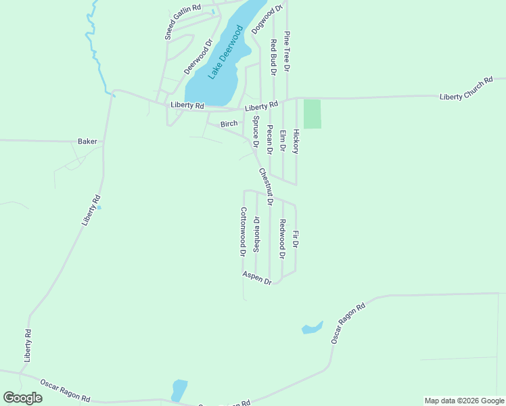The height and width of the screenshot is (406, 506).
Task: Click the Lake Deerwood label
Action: pyautogui.click(x=225, y=53)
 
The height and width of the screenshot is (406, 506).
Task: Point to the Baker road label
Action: pyautogui.click(x=87, y=141)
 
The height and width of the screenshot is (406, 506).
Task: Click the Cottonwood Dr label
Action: pyautogui.click(x=242, y=232)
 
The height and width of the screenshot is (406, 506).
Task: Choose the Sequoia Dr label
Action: pyautogui.click(x=256, y=234)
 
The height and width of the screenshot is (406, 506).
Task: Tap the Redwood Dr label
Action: pyautogui.click(x=282, y=239)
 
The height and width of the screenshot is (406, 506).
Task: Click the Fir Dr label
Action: pyautogui.click(x=295, y=239)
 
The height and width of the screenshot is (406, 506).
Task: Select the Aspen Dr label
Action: pyautogui.click(x=257, y=277)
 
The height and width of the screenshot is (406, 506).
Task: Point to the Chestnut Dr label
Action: pyautogui.click(x=265, y=186)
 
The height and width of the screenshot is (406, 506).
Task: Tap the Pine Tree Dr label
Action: pyautogui.click(x=287, y=51)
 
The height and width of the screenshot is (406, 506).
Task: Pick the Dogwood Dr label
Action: pyautogui.click(x=266, y=20)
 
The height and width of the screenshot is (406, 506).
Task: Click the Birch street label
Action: pyautogui.click(x=229, y=124)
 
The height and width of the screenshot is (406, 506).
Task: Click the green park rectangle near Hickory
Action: pyautogui.click(x=312, y=114)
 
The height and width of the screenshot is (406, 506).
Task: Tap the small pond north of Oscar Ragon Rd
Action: pyautogui.click(x=312, y=328)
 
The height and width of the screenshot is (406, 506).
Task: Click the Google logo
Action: pyautogui.click(x=23, y=398)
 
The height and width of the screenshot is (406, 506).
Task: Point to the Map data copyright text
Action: pyautogui.click(x=464, y=401)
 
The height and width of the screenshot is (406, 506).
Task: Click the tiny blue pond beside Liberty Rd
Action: pyautogui.click(x=99, y=207)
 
